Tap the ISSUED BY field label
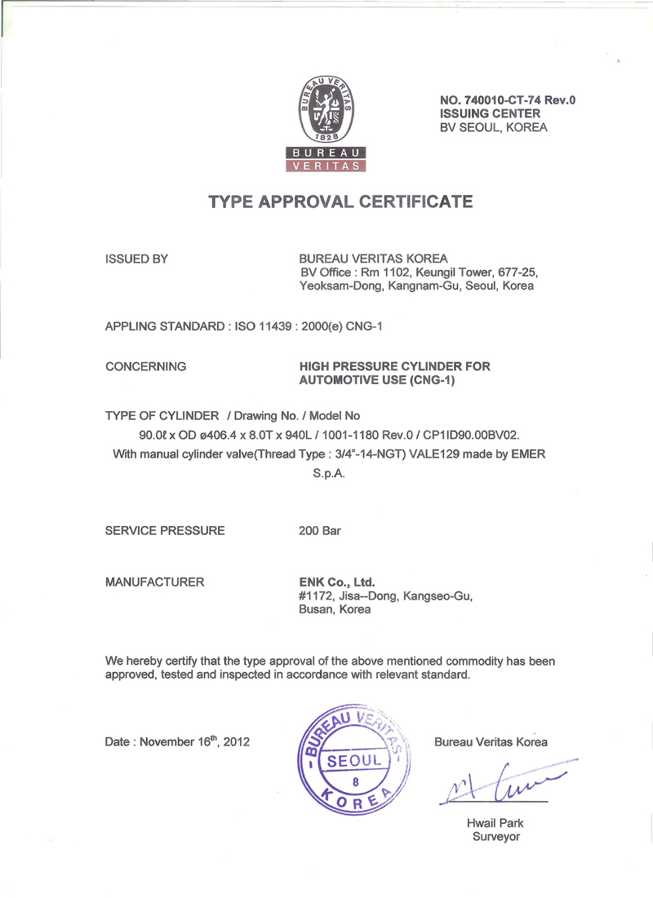click(x=137, y=259)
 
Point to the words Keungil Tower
click(x=454, y=272)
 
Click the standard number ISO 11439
click(x=266, y=327)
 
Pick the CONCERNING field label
click(x=146, y=367)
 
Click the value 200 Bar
click(x=321, y=530)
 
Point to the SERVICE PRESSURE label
click(x=165, y=530)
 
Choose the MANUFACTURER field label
click(x=155, y=582)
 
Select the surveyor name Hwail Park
click(x=495, y=824)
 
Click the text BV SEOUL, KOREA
click(x=494, y=127)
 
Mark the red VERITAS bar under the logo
click(x=325, y=166)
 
